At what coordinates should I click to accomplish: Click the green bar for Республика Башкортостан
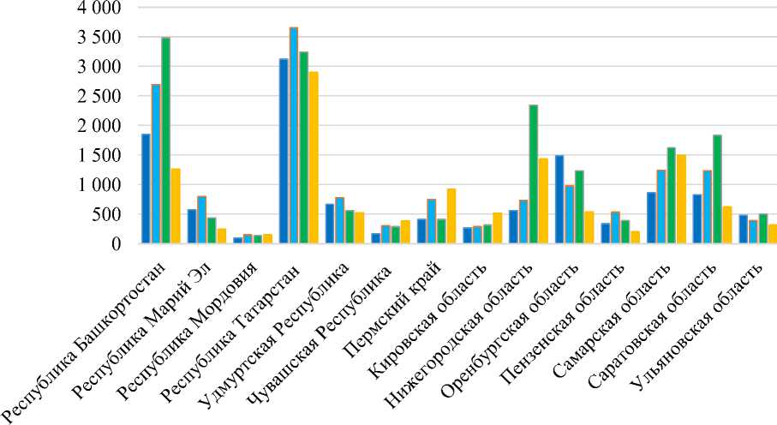[x=165, y=141]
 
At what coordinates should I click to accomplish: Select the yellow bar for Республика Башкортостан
[x=176, y=206]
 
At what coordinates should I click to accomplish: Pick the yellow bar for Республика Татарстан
[x=314, y=158]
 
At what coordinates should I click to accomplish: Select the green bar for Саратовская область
[x=717, y=189]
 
